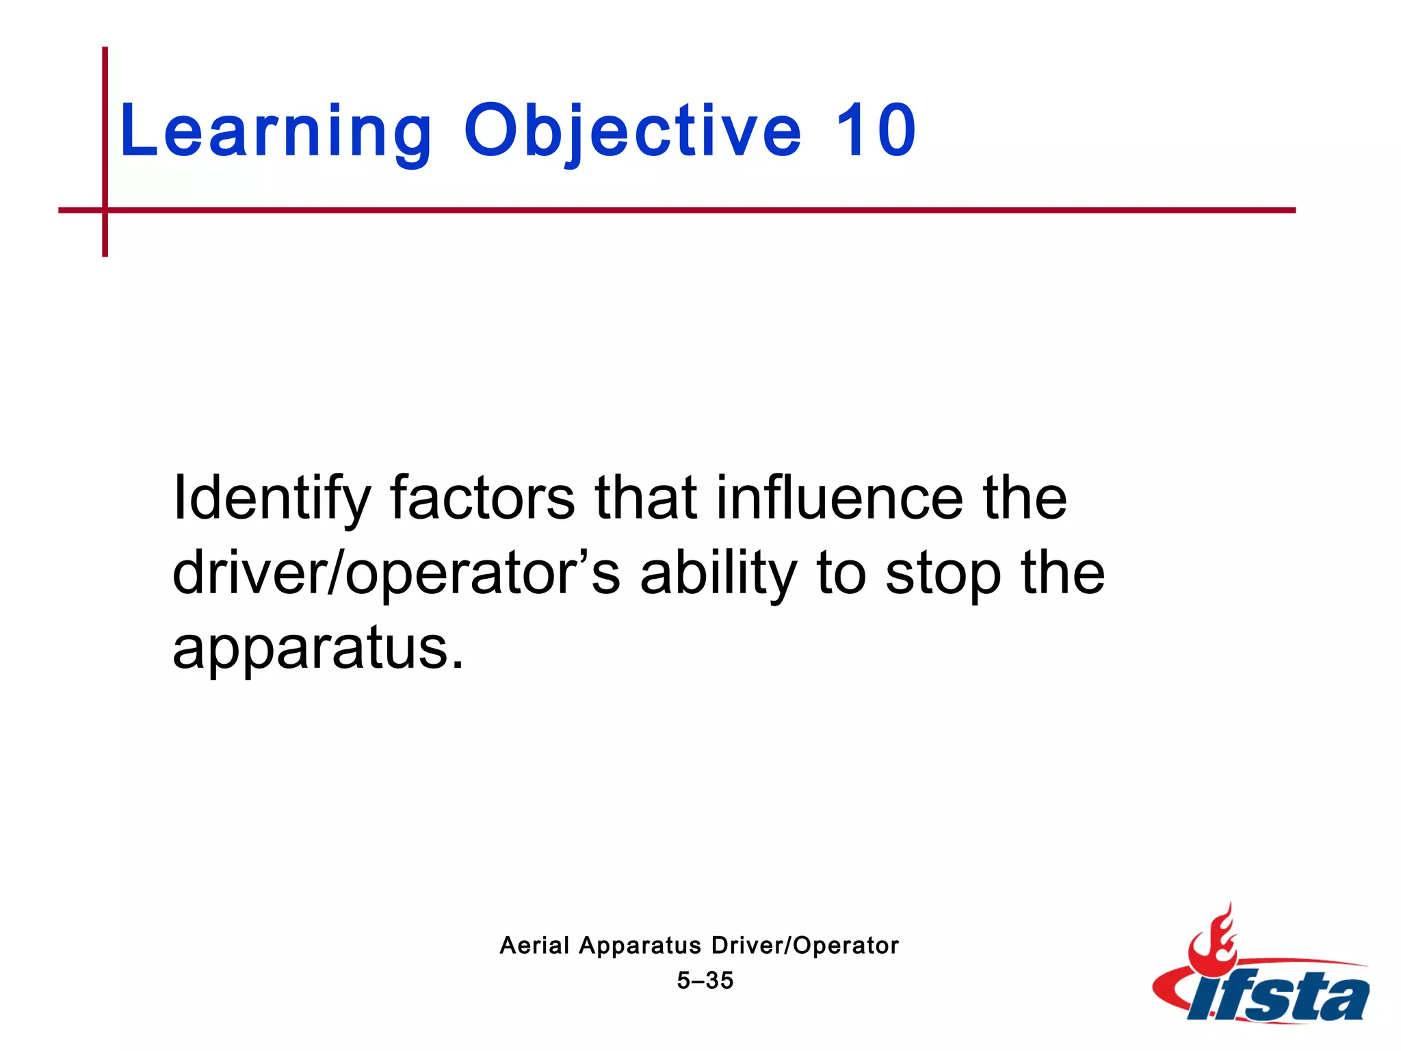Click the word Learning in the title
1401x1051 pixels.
point(276,131)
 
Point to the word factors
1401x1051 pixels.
point(482,498)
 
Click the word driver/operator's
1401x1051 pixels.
point(395,573)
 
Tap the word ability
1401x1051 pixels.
point(718,573)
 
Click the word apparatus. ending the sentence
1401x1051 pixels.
point(318,649)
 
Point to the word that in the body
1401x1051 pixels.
point(646,498)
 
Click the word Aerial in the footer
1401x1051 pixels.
point(534,946)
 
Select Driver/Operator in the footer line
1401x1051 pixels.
point(804,946)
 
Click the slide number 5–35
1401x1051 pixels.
point(705,981)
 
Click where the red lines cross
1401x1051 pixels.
point(105,210)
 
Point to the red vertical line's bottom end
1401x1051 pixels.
point(105,254)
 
